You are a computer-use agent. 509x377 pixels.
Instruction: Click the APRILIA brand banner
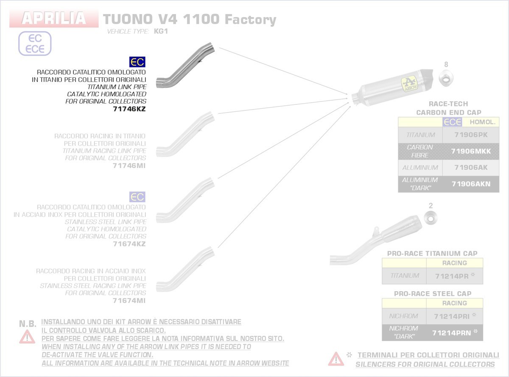(53, 19)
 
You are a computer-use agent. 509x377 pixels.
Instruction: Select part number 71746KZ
(129, 109)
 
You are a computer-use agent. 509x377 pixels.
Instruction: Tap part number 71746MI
(129, 166)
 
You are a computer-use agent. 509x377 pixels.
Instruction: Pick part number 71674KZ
(129, 244)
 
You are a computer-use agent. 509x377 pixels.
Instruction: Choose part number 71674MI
(129, 301)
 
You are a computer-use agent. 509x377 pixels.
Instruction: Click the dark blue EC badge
(137, 62)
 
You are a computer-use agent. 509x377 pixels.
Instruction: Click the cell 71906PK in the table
(471, 135)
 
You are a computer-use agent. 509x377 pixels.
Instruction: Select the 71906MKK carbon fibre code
(471, 151)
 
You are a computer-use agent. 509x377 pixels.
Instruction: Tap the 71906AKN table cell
(471, 184)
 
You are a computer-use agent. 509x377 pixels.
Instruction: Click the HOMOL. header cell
(481, 122)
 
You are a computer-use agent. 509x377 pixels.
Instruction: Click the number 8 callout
(446, 65)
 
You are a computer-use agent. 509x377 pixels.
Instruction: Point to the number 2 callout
(431, 206)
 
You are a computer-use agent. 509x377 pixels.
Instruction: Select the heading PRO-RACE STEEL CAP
(432, 293)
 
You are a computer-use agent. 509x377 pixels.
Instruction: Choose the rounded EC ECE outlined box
(35, 43)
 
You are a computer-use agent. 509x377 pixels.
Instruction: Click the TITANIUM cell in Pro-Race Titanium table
(404, 276)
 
